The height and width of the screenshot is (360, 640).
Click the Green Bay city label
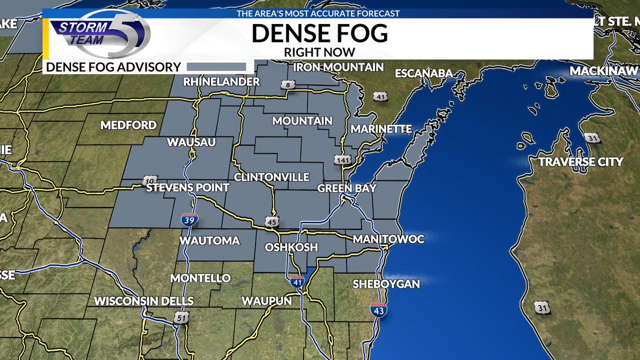[x=347, y=188]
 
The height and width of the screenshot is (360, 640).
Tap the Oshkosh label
[x=291, y=247]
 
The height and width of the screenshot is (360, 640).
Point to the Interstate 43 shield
[x=379, y=310]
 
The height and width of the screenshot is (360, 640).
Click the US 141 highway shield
[x=342, y=159]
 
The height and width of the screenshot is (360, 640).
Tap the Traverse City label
[x=580, y=162]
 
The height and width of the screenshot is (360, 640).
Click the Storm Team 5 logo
[x=101, y=35]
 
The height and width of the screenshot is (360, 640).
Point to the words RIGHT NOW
[x=319, y=52]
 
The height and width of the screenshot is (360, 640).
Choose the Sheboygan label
[x=386, y=284]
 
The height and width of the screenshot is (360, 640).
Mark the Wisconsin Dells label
[x=143, y=301]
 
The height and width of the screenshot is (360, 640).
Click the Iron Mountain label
[x=338, y=67]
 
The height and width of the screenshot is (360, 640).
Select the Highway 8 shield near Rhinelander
[x=287, y=85]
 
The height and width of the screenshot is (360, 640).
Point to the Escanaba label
[x=423, y=73]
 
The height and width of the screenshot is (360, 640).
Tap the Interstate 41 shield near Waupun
[x=297, y=281]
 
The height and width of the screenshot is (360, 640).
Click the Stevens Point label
[x=188, y=188]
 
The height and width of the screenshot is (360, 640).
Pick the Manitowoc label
[x=388, y=239]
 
